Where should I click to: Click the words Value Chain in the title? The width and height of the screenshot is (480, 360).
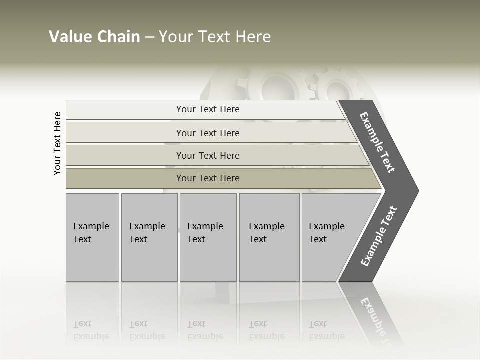[x=94, y=37]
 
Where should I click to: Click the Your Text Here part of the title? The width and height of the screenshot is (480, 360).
[x=215, y=37]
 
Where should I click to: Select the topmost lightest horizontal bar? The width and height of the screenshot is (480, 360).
[x=207, y=109]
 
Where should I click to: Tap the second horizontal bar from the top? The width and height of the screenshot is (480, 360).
[x=207, y=133]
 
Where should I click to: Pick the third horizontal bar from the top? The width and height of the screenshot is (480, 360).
[x=207, y=155]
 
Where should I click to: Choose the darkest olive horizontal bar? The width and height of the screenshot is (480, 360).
[x=207, y=178]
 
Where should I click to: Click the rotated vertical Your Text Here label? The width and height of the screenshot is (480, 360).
[x=57, y=143]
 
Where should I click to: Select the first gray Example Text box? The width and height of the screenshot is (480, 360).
[x=92, y=237]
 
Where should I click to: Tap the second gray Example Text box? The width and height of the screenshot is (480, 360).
[x=149, y=237]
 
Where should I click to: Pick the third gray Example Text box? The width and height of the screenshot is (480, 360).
[x=207, y=237]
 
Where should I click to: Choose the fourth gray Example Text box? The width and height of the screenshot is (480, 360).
[x=269, y=237]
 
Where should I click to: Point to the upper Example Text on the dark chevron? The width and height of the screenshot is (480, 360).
[x=377, y=142]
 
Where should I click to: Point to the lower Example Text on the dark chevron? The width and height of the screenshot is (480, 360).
[x=379, y=236]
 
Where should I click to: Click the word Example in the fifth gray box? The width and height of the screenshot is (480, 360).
[x=327, y=226]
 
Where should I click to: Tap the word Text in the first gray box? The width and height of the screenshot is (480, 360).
[x=82, y=239]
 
